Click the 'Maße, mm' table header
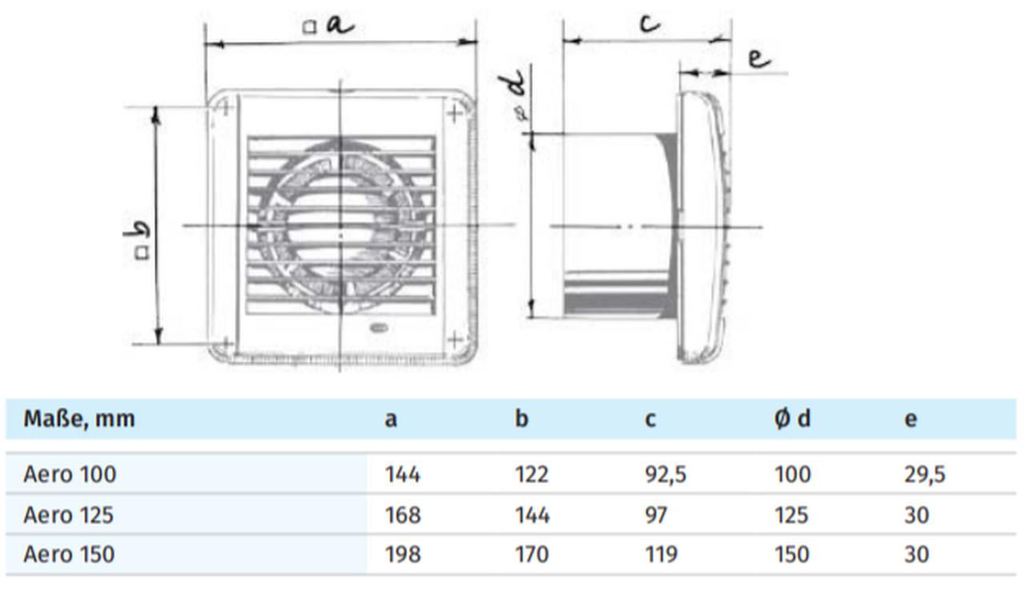coord(78,419)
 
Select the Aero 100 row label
coord(70,475)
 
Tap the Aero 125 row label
coord(68,515)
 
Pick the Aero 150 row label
coord(69,554)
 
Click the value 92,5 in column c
coord(665,475)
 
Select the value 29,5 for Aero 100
coord(924,475)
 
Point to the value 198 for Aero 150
coord(403,554)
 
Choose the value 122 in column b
coord(532,475)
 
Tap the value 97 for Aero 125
coord(656,515)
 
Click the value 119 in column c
coord(661,554)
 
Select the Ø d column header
coord(792,419)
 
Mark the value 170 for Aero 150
coord(532,554)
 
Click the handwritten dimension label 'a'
coord(339,26)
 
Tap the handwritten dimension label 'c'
coord(649,22)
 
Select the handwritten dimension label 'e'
coord(758,59)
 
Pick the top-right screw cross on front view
coord(455,113)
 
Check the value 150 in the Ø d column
coord(791,554)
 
